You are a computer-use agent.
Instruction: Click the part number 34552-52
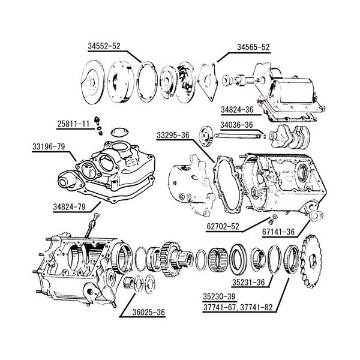point(104,46)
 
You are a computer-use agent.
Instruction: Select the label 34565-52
point(253,47)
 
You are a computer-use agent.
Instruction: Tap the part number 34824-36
point(237,110)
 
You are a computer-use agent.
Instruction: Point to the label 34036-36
point(236,125)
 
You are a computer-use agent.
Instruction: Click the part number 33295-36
point(173,136)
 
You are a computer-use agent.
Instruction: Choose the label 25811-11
point(73,124)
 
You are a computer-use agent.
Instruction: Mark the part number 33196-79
point(49,146)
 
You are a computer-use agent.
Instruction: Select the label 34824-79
point(70,207)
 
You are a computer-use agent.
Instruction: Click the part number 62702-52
point(223,227)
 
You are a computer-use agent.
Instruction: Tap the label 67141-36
point(278,232)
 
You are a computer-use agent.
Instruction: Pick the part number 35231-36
point(248,283)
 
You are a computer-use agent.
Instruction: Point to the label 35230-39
point(219,296)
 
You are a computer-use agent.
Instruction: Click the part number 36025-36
point(149,312)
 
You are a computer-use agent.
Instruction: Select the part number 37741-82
point(256,307)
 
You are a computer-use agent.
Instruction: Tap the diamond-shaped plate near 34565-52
point(208,82)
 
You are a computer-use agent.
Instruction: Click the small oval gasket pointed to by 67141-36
point(316,215)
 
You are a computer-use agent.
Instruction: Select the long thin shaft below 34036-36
point(238,136)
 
